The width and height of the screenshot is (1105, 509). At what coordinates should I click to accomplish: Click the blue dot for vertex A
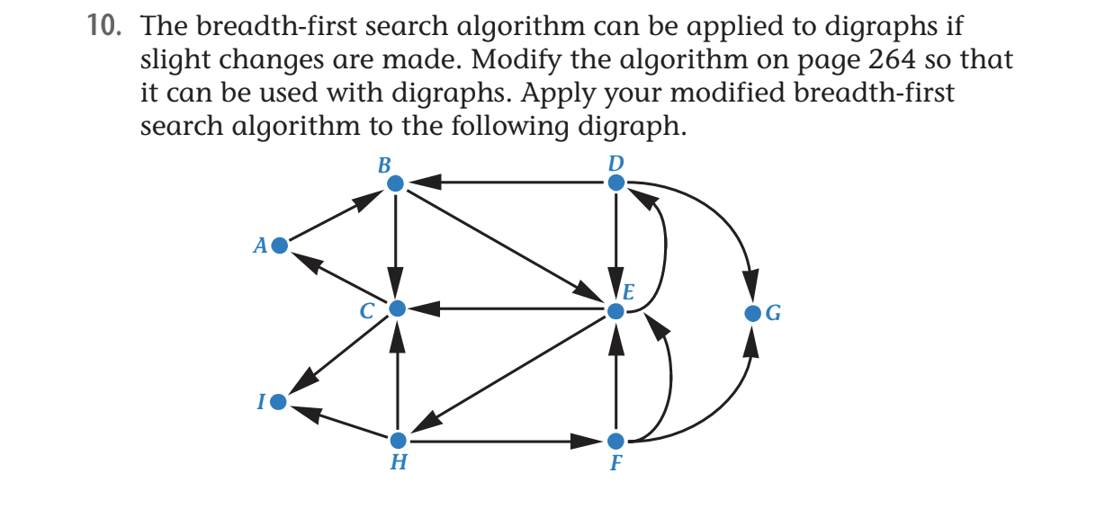[x=279, y=245]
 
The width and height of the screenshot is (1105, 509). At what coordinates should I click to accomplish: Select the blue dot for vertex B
[x=395, y=183]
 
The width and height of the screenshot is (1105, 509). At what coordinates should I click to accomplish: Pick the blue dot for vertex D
[x=615, y=183]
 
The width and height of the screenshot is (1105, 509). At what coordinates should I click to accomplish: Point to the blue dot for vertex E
[x=615, y=312]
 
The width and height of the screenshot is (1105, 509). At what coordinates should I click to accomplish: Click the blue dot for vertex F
[x=615, y=442]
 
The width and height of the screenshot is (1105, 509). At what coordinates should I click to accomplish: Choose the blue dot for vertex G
[x=753, y=314]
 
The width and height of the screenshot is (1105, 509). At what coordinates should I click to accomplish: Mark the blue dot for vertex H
[x=397, y=441]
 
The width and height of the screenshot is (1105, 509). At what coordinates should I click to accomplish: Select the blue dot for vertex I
[x=279, y=402]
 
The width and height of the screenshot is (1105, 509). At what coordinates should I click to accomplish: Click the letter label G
[x=773, y=314]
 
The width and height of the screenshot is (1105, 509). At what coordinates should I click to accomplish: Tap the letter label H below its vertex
[x=398, y=464]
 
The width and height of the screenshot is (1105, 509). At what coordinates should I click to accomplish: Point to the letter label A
[x=259, y=245]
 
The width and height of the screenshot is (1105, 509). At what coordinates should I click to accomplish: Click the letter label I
[x=260, y=403]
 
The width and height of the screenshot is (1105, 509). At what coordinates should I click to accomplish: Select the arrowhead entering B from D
[x=424, y=183]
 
